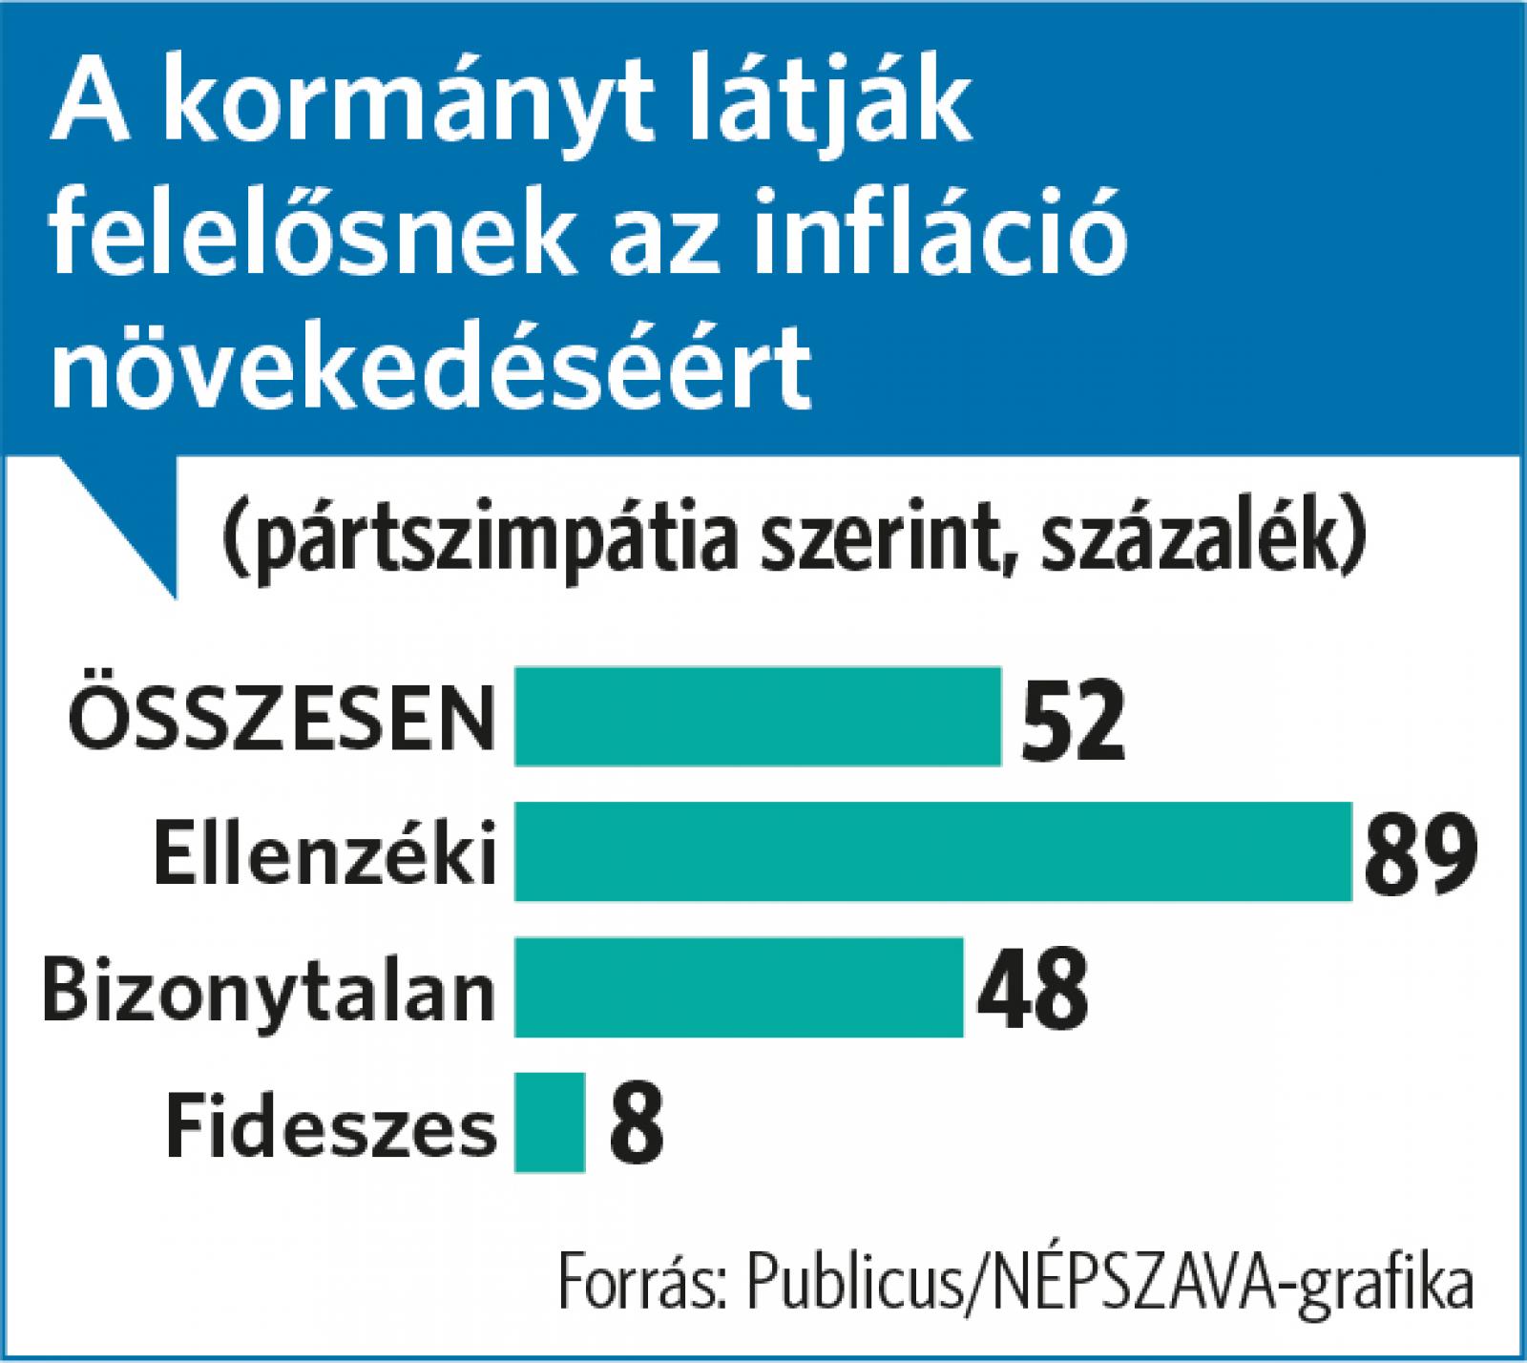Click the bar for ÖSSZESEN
pos(758,716)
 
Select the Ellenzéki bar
pos(932,851)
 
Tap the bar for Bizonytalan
pos(739,987)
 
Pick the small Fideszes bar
pos(550,1122)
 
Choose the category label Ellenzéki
pos(325,851)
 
